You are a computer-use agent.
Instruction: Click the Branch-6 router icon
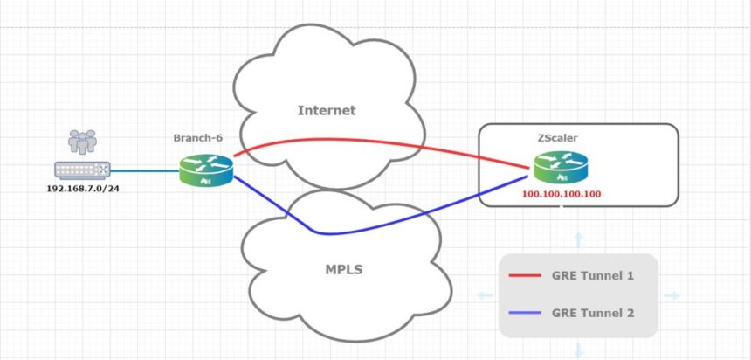pyautogui.click(x=207, y=170)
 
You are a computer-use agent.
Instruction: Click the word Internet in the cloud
pyautogui.click(x=327, y=110)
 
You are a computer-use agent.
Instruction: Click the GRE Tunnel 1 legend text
pyautogui.click(x=591, y=276)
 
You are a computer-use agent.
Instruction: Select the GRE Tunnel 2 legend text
pyautogui.click(x=591, y=311)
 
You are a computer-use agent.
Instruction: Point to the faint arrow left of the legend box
pyautogui.click(x=484, y=295)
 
